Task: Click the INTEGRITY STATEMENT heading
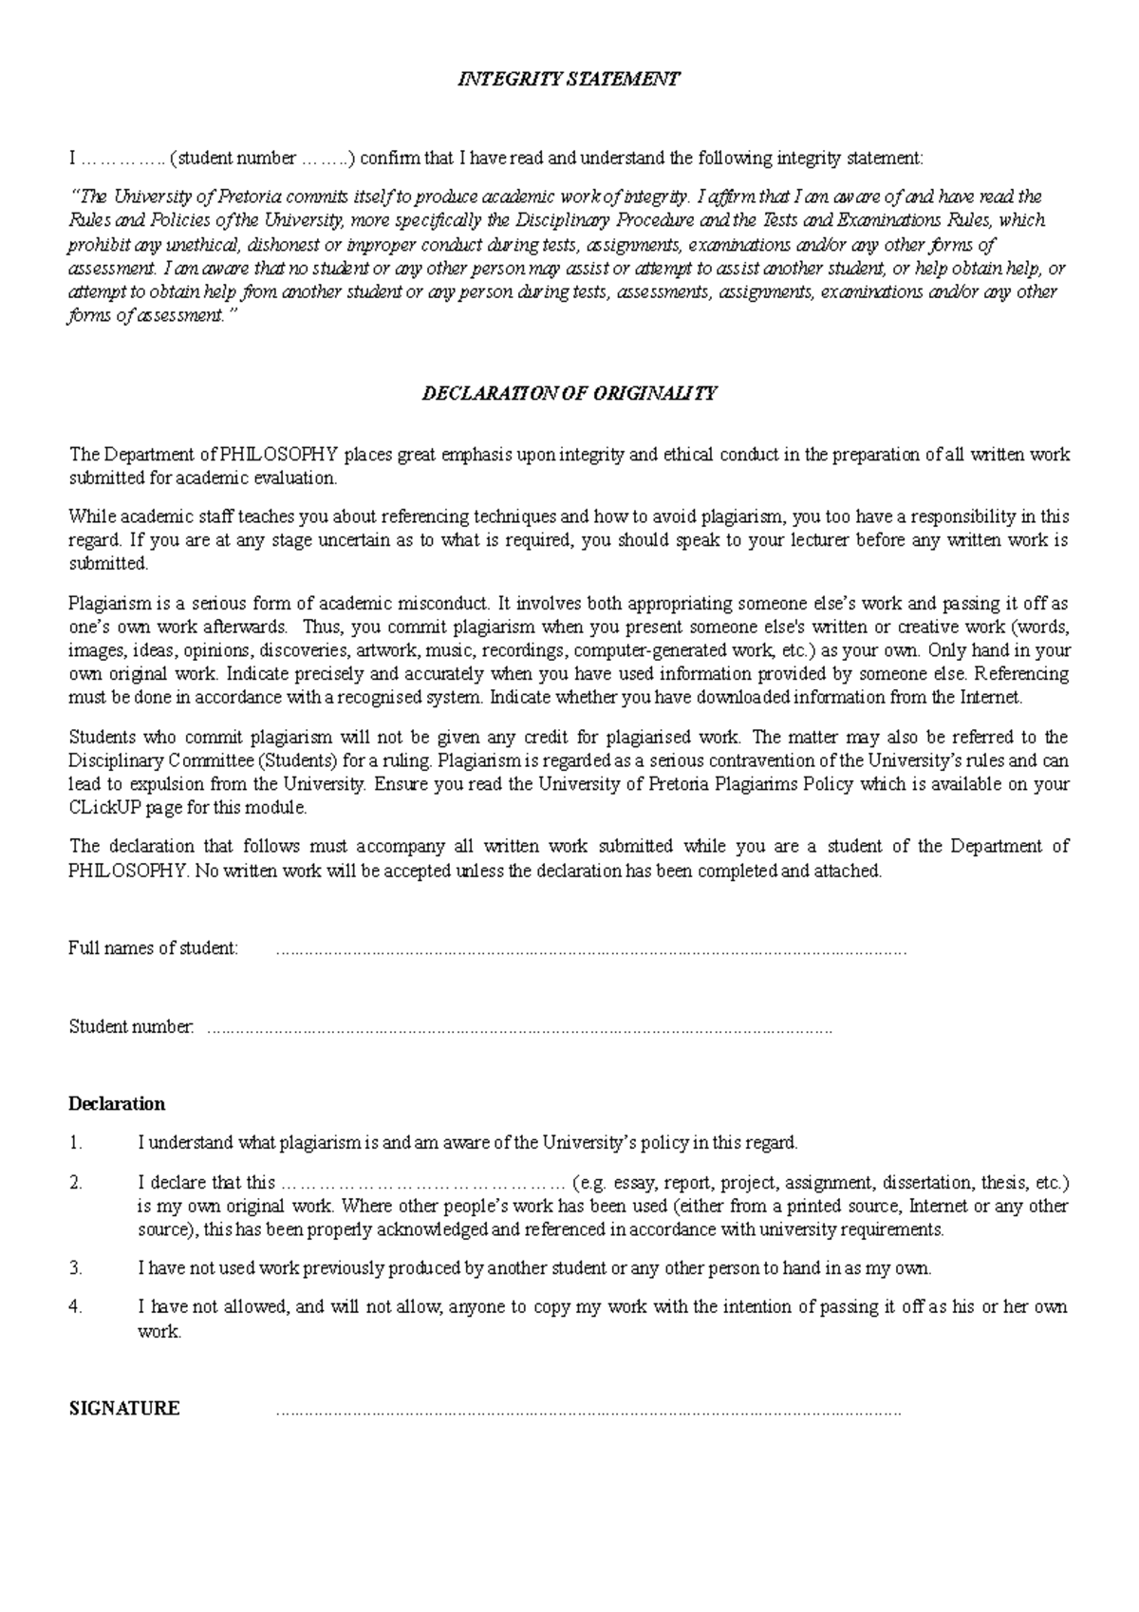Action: [569, 80]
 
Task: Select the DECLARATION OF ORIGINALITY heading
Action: [569, 393]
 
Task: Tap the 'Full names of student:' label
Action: [154, 948]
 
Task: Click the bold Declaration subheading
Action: [117, 1104]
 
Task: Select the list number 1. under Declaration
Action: [76, 1143]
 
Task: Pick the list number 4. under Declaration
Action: [76, 1307]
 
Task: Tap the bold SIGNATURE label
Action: [124, 1409]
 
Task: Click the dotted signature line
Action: [588, 1412]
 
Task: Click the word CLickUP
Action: [105, 809]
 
